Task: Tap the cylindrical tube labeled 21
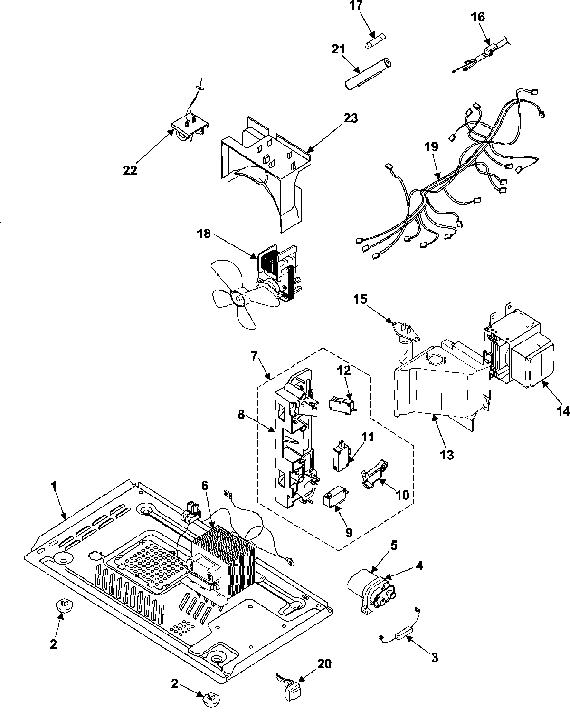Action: [367, 73]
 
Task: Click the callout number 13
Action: [447, 455]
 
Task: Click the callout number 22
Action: [129, 170]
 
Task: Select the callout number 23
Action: [351, 117]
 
